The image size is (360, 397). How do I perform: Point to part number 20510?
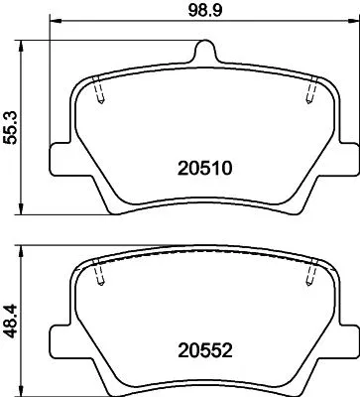[x=205, y=169]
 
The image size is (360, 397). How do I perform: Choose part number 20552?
[x=205, y=350]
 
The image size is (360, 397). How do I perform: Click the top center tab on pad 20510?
[x=204, y=50]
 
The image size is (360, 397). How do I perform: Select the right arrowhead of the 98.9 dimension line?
[x=354, y=22]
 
